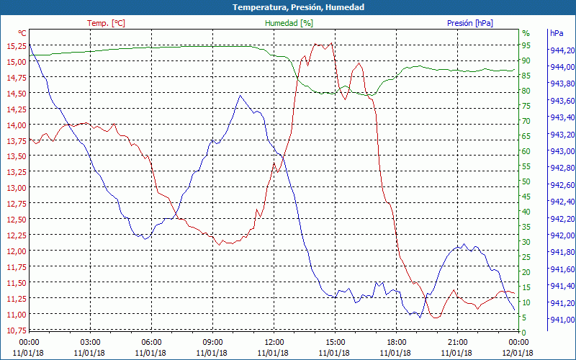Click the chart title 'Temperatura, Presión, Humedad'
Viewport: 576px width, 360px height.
tap(288, 7)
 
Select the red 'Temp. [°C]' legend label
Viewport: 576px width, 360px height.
tap(107, 23)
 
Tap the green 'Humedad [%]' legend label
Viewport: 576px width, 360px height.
tap(289, 23)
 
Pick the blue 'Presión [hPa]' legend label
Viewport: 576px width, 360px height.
tap(470, 23)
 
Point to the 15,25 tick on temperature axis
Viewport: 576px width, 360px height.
tap(16, 45)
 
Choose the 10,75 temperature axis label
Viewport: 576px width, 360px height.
tap(16, 330)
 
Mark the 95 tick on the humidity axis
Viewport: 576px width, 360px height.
tap(526, 45)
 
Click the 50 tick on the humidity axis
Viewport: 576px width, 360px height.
tap(526, 181)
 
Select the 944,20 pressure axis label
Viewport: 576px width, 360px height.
tap(562, 50)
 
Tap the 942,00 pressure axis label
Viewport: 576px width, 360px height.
tap(562, 235)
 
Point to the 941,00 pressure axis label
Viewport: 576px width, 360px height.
tap(562, 320)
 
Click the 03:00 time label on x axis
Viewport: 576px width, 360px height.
tap(90, 342)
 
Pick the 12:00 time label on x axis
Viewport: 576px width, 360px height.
tap(274, 342)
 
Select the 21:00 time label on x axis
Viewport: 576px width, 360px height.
tap(458, 342)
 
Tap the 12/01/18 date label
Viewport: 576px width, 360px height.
tap(518, 353)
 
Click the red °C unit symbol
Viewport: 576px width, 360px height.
tap(22, 33)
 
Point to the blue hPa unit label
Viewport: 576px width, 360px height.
tap(557, 33)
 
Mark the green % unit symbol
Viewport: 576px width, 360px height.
tap(526, 33)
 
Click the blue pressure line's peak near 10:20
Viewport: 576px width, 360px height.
tap(240, 95)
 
